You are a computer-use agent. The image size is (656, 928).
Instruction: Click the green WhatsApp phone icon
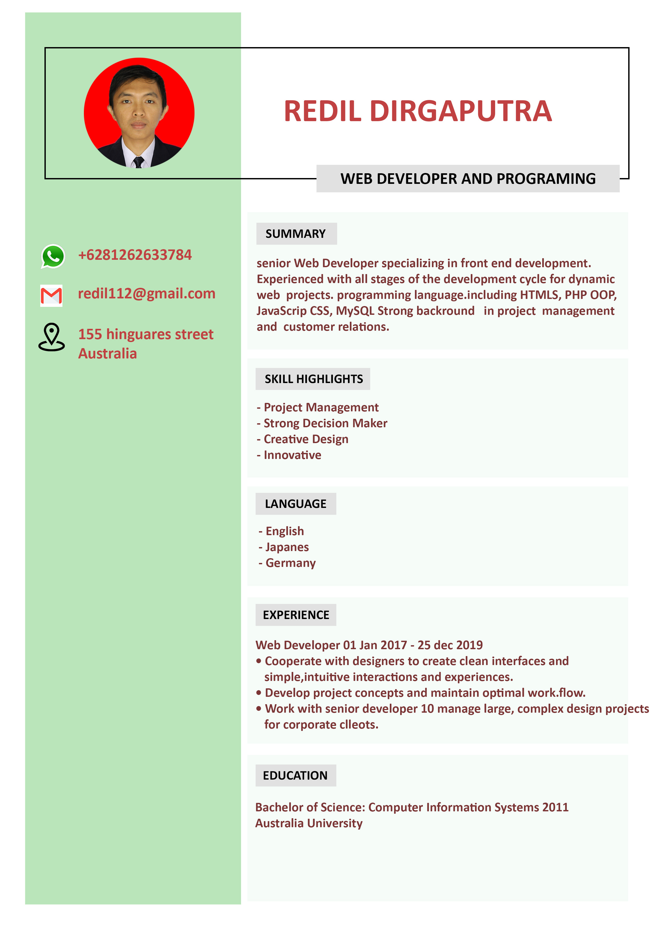[53, 256]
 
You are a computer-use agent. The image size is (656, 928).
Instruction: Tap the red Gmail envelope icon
[51, 295]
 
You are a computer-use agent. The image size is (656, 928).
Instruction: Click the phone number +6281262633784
[135, 255]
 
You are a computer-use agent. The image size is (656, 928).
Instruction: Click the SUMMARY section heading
[296, 234]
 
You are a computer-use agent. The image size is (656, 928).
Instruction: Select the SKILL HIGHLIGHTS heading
[314, 379]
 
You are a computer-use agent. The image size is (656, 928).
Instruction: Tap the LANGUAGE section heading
[296, 504]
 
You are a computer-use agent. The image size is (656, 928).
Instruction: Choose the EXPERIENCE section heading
[296, 615]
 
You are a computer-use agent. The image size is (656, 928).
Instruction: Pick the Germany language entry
[290, 563]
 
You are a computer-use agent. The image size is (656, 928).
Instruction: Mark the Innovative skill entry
[292, 455]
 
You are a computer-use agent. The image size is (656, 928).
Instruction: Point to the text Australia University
[309, 823]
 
